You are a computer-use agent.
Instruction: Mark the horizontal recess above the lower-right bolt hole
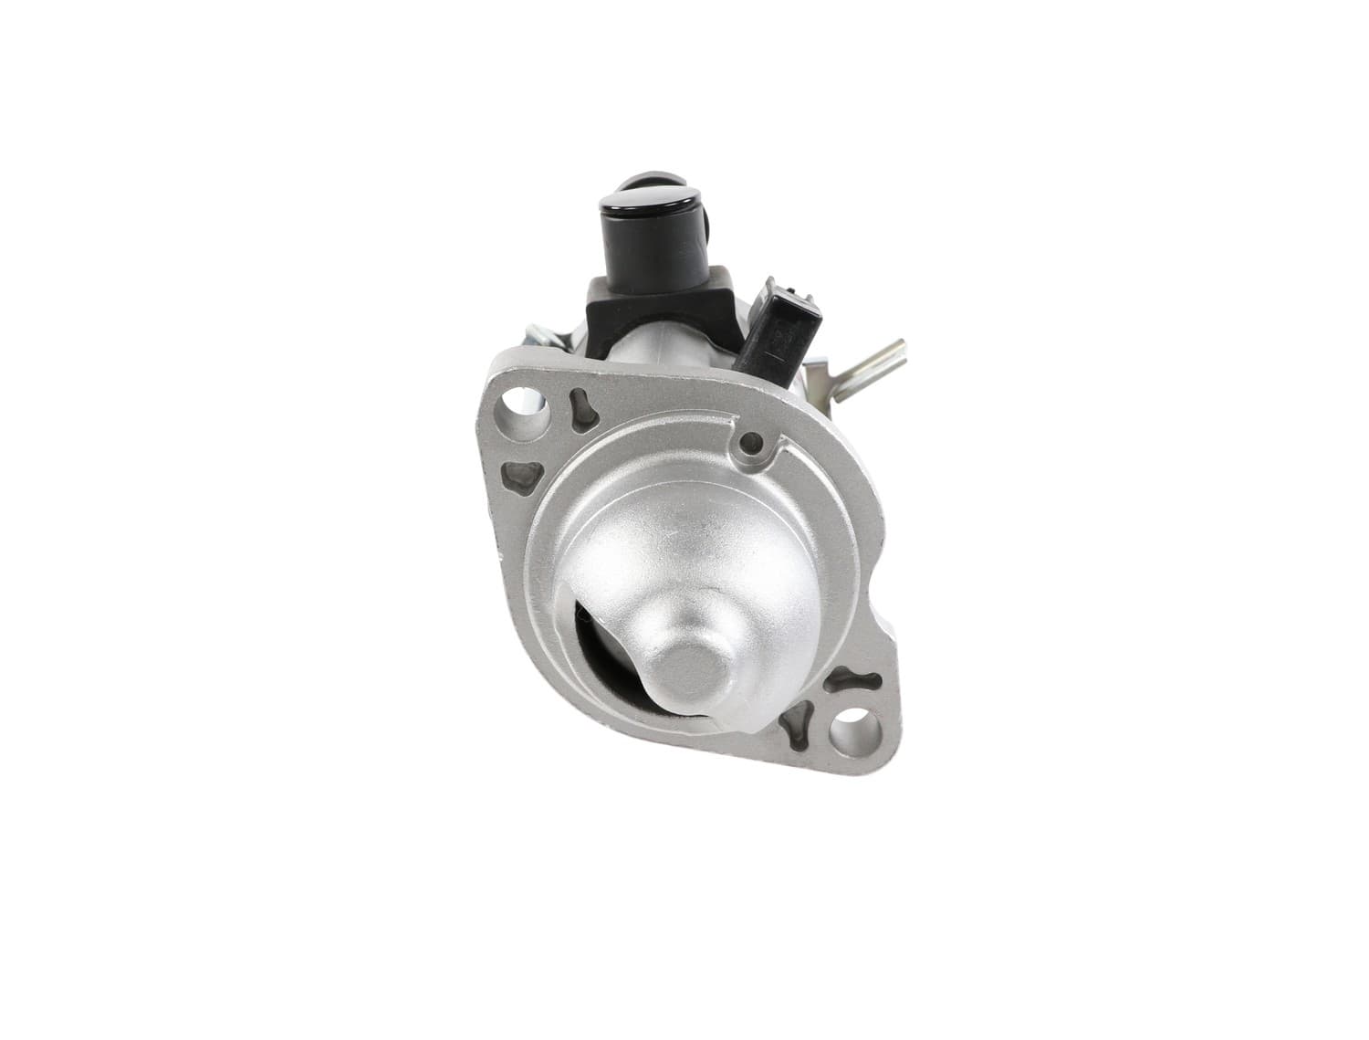pos(846,678)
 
